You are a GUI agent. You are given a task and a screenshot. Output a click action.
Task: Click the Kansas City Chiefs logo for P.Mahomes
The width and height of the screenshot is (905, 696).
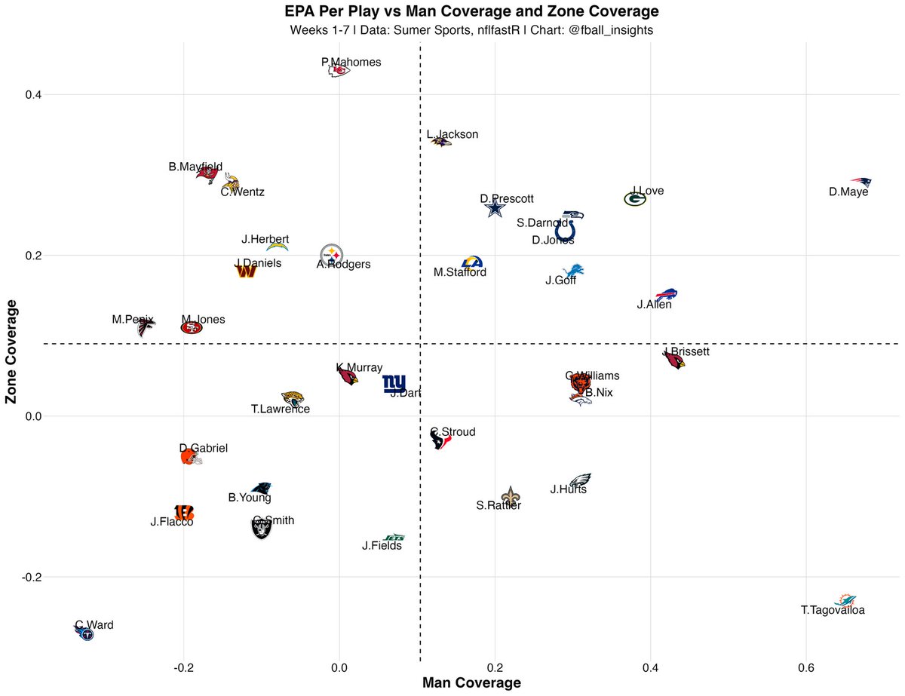(x=339, y=71)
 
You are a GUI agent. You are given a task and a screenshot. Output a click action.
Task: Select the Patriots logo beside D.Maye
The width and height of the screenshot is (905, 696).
(x=861, y=182)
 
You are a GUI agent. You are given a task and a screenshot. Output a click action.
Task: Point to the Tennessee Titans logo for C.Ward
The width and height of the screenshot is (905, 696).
(x=85, y=633)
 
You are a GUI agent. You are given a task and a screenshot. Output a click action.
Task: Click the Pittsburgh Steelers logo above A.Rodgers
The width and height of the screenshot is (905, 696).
(x=332, y=254)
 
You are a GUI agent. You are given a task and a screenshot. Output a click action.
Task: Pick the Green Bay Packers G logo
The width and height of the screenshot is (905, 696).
(x=635, y=199)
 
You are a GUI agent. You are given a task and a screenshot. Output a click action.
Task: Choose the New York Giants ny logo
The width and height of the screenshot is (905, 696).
(x=394, y=384)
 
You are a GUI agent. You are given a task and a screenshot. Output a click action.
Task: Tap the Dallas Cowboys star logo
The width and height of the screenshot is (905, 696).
(x=495, y=209)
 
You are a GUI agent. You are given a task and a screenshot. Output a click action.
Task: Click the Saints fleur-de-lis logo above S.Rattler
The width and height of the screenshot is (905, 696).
(x=511, y=496)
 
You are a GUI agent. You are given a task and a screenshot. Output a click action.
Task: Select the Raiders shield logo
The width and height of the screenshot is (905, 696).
(x=262, y=529)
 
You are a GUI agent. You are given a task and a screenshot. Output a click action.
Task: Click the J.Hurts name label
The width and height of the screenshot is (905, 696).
(x=569, y=489)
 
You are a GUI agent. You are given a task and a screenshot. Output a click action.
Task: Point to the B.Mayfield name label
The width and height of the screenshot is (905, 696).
(x=195, y=167)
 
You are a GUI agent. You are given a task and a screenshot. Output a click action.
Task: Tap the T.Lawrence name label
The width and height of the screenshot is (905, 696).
(x=281, y=409)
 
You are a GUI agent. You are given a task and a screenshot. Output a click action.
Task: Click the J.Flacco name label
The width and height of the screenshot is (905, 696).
(x=172, y=522)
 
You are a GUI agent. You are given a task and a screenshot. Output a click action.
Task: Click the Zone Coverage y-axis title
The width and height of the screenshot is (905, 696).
(x=12, y=351)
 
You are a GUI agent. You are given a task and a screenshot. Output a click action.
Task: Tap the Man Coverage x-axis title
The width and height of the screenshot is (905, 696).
(x=471, y=683)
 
